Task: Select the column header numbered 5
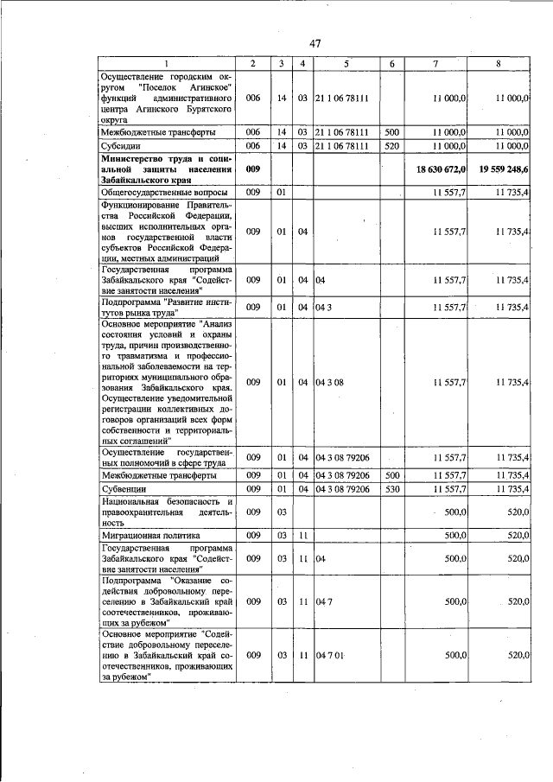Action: point(346,65)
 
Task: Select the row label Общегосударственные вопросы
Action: point(165,192)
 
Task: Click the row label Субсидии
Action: point(121,146)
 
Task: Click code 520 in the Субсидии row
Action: point(391,146)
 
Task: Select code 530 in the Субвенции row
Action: point(391,489)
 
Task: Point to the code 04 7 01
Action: point(331,656)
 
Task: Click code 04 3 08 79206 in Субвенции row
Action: point(343,489)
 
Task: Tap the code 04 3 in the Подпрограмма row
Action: point(321,307)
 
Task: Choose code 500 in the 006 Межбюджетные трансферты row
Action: point(391,132)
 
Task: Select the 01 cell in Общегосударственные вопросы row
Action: point(282,192)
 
